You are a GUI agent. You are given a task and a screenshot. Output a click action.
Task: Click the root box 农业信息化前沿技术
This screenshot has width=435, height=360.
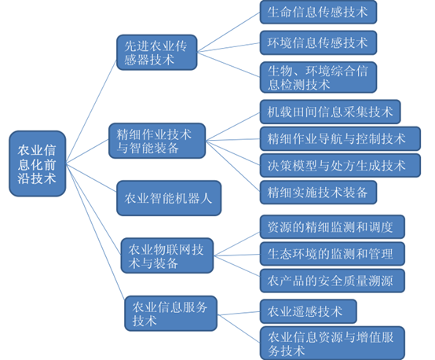[38, 163]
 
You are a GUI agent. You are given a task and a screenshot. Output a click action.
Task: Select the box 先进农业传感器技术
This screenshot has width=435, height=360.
[157, 52]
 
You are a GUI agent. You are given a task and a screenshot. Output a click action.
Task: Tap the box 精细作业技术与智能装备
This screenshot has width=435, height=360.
[157, 141]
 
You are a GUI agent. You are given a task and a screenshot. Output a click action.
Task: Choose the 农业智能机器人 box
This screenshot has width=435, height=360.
[169, 198]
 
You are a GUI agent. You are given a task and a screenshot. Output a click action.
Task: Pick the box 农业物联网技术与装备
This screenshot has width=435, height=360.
[167, 255]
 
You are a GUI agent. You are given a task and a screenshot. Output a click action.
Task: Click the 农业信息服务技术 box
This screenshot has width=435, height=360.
[170, 314]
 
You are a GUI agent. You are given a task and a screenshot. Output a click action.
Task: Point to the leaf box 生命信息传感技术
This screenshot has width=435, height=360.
[318, 13]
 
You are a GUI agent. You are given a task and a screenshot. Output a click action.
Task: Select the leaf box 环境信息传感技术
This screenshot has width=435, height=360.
[318, 42]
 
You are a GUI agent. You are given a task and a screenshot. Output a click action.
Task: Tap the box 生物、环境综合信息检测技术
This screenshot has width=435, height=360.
[318, 77]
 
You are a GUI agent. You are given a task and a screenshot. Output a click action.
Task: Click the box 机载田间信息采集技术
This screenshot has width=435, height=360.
[330, 112]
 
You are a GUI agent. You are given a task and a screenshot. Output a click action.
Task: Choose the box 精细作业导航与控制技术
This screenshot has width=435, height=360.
[340, 138]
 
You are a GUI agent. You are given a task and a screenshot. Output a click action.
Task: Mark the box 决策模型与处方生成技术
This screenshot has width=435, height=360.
[340, 165]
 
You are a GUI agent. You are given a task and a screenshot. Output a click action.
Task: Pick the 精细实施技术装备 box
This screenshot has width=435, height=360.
[318, 193]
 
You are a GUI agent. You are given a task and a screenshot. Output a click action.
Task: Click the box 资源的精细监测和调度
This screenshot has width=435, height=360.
[332, 226]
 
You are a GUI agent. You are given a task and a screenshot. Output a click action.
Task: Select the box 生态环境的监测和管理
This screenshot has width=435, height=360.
[332, 254]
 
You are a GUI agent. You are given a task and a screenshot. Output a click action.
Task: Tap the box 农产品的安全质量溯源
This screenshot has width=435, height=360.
[332, 281]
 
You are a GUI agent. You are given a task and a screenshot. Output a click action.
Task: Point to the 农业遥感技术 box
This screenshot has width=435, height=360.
[309, 311]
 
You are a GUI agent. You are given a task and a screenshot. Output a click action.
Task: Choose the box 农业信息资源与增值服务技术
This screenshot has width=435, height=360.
[332, 343]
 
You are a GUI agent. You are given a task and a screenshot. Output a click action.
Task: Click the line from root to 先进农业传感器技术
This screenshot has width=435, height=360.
[91, 111]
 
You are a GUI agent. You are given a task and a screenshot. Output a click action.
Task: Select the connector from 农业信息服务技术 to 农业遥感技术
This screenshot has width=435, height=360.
[239, 314]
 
